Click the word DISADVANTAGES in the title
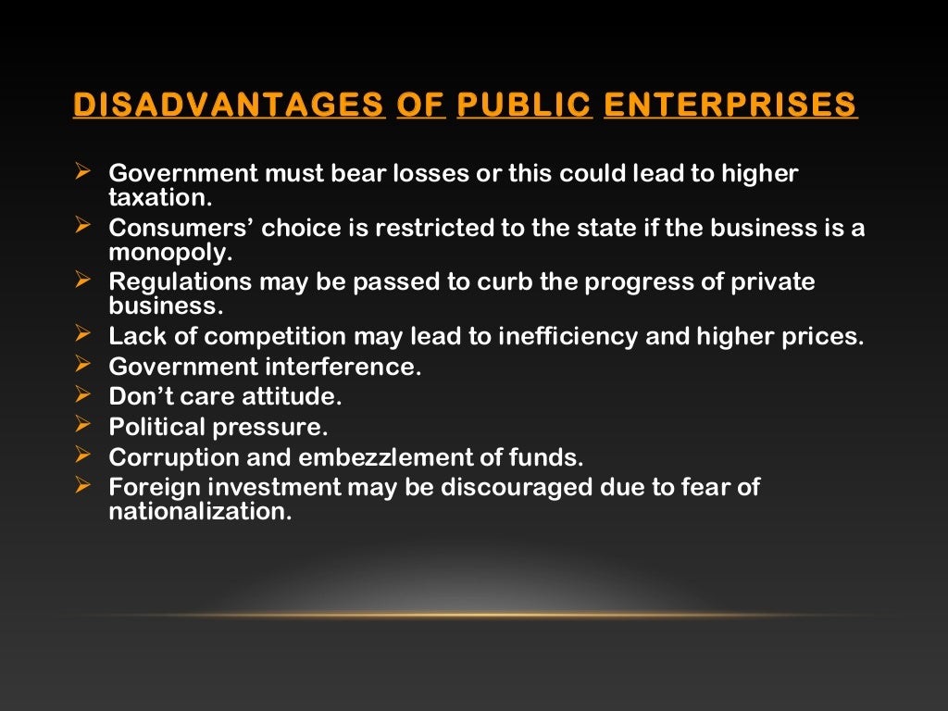(x=229, y=106)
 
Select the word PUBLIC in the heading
(x=524, y=106)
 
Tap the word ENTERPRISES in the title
(x=730, y=106)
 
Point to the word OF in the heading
(x=421, y=106)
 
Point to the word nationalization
(x=200, y=511)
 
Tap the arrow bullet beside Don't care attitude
(x=81, y=397)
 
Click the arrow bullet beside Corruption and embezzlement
(x=81, y=455)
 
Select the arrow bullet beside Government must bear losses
(x=81, y=172)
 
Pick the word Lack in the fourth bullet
(x=134, y=337)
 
